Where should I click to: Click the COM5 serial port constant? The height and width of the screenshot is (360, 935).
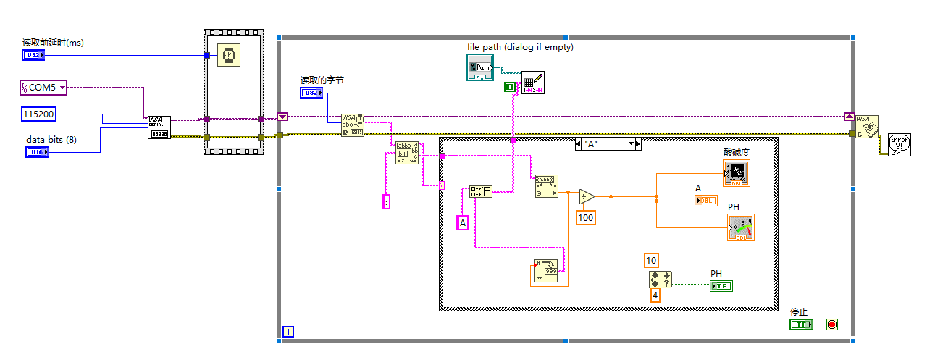[42, 88]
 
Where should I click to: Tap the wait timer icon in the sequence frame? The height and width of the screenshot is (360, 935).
[228, 55]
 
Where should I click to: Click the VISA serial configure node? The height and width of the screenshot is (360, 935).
[159, 127]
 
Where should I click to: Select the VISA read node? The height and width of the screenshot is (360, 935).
[353, 124]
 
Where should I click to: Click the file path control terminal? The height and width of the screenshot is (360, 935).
[478, 67]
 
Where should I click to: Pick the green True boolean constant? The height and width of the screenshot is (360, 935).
[510, 87]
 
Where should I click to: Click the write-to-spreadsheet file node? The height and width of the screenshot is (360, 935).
[532, 83]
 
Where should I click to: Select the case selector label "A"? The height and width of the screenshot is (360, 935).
[608, 144]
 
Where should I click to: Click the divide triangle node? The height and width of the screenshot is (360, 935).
[586, 196]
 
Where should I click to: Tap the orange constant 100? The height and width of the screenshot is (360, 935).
[586, 217]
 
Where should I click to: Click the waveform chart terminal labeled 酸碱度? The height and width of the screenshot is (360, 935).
[737, 173]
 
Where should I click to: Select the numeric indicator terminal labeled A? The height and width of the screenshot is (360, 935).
[705, 201]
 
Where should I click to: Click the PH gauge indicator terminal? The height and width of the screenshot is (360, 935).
[740, 227]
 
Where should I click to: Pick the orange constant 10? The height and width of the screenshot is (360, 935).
[651, 261]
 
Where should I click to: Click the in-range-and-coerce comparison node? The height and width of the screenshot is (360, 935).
[661, 280]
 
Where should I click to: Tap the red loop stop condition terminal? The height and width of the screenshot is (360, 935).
[831, 325]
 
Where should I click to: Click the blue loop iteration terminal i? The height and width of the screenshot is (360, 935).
[288, 332]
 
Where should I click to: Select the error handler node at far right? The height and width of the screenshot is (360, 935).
[899, 143]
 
